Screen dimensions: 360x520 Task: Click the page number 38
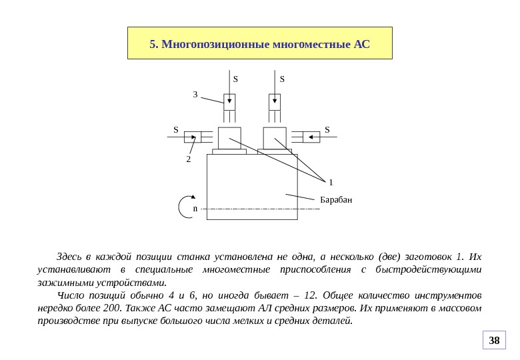(x=494, y=341)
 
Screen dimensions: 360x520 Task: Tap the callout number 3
(x=195, y=95)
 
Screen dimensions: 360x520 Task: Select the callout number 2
(x=189, y=160)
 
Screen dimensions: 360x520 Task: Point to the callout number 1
(x=331, y=182)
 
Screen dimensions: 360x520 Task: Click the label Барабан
(x=336, y=200)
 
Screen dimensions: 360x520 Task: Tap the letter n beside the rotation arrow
(x=195, y=209)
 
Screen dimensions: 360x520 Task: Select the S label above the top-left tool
(x=235, y=79)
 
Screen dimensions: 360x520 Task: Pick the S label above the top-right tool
(x=282, y=79)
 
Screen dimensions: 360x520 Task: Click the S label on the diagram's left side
(x=176, y=129)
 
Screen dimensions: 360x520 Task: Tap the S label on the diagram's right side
(x=327, y=129)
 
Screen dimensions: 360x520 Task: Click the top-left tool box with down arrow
(x=229, y=102)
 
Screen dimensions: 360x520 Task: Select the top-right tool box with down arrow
(x=275, y=102)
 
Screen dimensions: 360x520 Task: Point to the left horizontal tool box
(x=193, y=137)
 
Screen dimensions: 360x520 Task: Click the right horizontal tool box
(x=311, y=137)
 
